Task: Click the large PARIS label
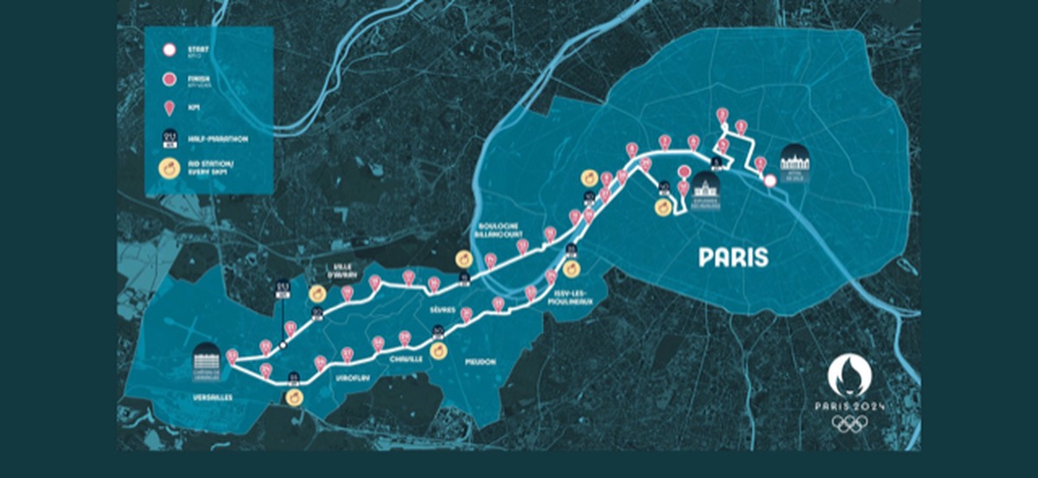tap(733, 257)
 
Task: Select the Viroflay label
tap(345, 377)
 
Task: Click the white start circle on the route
tap(768, 180)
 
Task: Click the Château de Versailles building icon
tap(207, 358)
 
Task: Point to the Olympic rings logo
tap(849, 424)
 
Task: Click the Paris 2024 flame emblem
tap(849, 376)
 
